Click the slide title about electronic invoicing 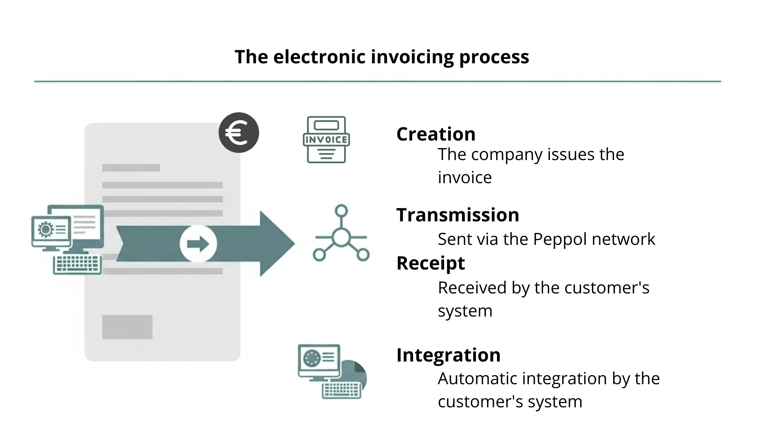pos(382,57)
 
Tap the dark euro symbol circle pos(239,133)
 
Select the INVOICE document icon pos(326,140)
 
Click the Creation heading pos(436,134)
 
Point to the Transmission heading pos(458,215)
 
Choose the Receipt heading pos(431,263)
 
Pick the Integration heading pos(448,355)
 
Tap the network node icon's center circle pos(341,238)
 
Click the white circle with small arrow pos(198,244)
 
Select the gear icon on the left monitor pos(45,229)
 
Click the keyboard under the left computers pos(77,264)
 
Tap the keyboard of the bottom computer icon pos(341,390)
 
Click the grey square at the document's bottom pos(127,327)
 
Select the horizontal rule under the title pos(377,82)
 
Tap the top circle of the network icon pos(341,211)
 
